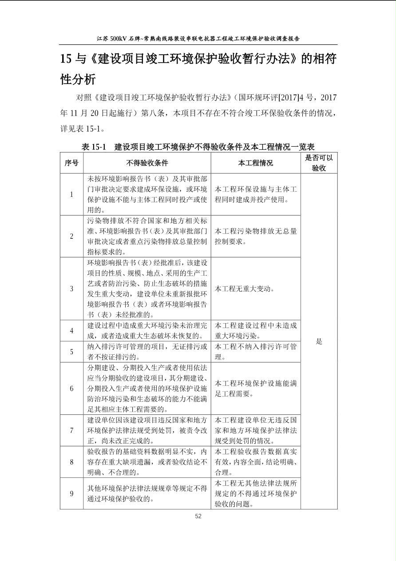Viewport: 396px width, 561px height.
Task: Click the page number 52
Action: [x=198, y=516]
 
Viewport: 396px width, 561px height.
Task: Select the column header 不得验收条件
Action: [x=147, y=163]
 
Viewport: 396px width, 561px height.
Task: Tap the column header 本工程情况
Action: [x=255, y=163]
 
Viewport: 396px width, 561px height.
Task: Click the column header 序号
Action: [x=71, y=163]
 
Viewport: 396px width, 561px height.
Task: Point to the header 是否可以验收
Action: [x=319, y=163]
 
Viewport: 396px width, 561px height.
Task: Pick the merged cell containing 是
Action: [x=319, y=341]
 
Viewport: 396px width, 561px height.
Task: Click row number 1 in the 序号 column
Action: [x=71, y=194]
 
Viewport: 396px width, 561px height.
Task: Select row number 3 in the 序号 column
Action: [x=71, y=289]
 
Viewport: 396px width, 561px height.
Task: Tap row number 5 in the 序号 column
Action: [x=71, y=352]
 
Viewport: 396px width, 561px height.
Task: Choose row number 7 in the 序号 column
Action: [x=71, y=430]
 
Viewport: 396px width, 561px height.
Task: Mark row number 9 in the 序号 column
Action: [x=71, y=493]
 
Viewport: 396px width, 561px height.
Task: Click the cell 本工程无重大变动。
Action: [x=245, y=289]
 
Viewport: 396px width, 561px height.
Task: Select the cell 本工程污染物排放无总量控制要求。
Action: [x=256, y=236]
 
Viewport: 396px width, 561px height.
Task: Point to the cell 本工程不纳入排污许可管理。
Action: [x=256, y=352]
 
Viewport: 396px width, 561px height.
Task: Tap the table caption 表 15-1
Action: [x=94, y=147]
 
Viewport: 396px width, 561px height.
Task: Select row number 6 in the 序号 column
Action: [x=71, y=389]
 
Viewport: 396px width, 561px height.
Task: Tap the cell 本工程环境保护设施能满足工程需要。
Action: [x=256, y=389]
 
